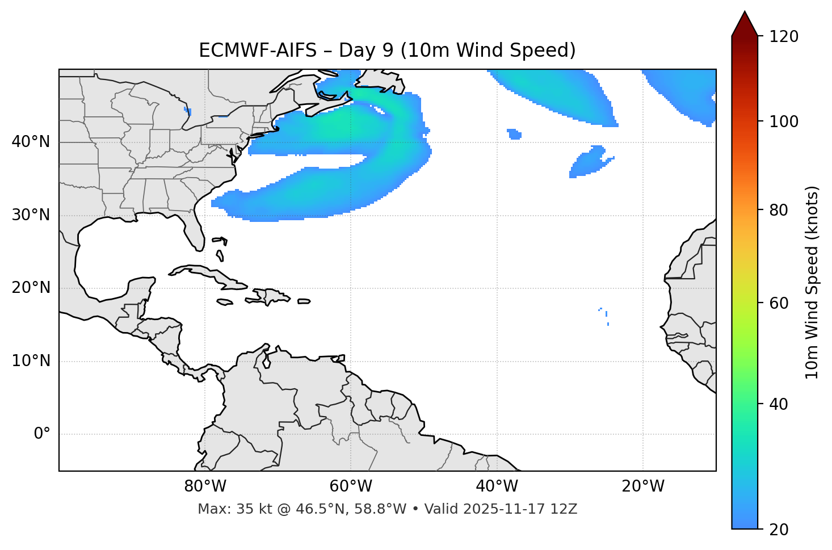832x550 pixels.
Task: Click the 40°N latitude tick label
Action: coord(31,142)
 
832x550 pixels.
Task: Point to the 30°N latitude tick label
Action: coord(31,215)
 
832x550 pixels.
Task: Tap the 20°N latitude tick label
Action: coord(31,288)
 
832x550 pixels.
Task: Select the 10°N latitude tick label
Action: coord(31,361)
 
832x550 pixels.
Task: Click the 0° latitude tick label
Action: coord(42,434)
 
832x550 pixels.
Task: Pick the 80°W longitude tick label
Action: coord(205,486)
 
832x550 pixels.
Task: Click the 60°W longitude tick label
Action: coord(351,486)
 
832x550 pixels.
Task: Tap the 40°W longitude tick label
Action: coord(497,486)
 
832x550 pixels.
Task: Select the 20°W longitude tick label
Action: coord(642,486)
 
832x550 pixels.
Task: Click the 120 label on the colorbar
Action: coord(784,37)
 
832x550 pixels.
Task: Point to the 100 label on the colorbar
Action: coord(784,121)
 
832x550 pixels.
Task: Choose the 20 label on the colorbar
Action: coord(779,530)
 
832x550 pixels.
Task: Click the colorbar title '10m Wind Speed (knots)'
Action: coord(812,282)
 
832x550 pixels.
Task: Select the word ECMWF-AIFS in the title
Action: coord(257,51)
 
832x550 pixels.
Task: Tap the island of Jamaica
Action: coord(225,302)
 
